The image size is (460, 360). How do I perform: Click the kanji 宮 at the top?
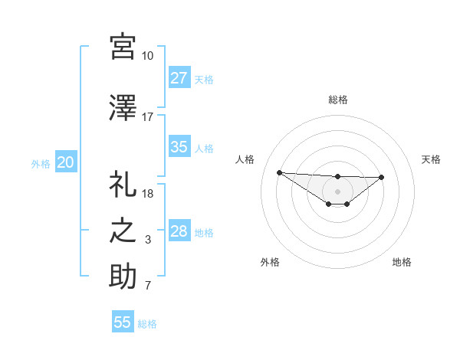tap(123, 47)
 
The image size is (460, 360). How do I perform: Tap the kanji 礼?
tap(123, 185)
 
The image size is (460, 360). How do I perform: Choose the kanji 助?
tap(123, 277)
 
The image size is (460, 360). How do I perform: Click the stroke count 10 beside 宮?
tap(147, 56)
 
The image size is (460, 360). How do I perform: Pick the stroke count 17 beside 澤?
tap(147, 117)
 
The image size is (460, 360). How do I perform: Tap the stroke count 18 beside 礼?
tap(147, 194)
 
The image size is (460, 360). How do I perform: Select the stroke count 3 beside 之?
tap(147, 240)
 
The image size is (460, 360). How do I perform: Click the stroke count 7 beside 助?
tap(147, 286)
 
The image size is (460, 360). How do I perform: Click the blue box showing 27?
tap(179, 77)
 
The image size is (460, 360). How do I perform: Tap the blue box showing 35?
tap(179, 147)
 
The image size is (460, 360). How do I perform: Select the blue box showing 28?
tap(179, 231)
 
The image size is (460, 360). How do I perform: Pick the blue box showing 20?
tap(66, 162)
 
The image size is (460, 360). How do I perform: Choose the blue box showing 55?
tap(123, 322)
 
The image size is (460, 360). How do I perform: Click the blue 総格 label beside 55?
tap(147, 324)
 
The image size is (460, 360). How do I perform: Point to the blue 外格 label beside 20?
tap(41, 163)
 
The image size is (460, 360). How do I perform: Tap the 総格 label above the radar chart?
tap(337, 100)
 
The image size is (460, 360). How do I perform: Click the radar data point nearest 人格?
tap(279, 172)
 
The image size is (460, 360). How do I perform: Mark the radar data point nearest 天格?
tap(382, 178)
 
